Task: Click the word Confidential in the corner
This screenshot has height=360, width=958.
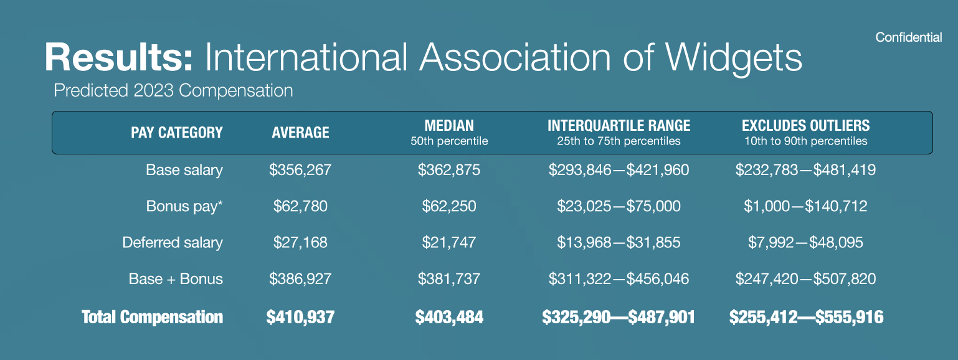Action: (908, 38)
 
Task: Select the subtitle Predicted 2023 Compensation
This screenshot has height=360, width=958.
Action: (173, 91)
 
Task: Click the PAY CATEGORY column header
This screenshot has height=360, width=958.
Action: (176, 132)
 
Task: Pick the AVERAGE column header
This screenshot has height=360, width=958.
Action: (300, 132)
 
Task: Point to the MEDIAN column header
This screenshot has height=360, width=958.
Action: (449, 125)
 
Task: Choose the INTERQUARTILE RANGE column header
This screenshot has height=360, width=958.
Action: (619, 125)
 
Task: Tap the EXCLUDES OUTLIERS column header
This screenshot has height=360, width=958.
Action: (805, 125)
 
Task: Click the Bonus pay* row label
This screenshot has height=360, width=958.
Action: (184, 206)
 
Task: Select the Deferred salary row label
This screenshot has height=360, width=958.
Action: (173, 242)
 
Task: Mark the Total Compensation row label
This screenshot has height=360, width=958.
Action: (152, 317)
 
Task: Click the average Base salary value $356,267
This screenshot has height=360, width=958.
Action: (300, 169)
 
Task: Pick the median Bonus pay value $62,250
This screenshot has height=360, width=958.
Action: (449, 206)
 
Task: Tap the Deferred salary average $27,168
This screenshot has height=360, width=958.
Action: (300, 242)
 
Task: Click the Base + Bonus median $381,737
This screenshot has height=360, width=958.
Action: (449, 279)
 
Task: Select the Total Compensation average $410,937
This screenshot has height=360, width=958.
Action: (300, 317)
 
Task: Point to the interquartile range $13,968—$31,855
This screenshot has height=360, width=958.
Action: (619, 242)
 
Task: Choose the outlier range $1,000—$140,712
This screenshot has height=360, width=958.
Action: (805, 206)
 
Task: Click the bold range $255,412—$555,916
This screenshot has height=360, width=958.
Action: (806, 317)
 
